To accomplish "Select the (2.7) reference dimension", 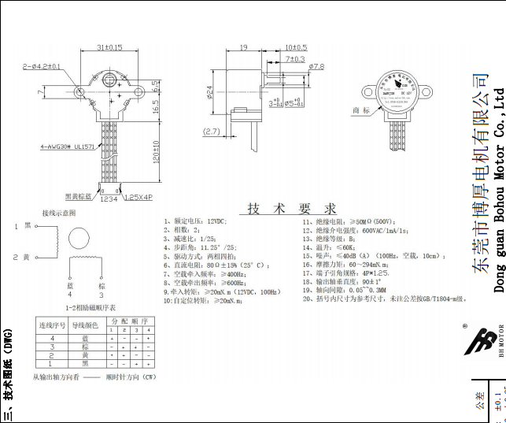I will pos(211,132).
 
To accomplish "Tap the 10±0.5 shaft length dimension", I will pos(296,47).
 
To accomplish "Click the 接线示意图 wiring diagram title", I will pos(59,213).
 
